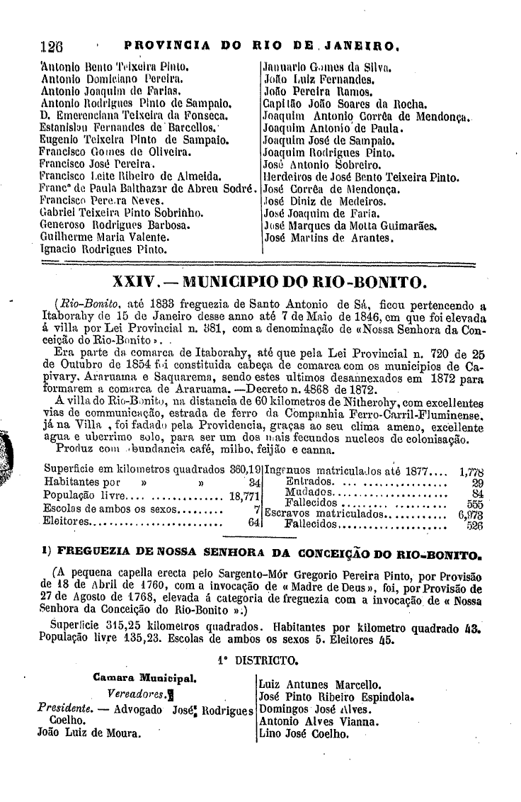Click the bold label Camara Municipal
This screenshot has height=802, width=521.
pos(144,677)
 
